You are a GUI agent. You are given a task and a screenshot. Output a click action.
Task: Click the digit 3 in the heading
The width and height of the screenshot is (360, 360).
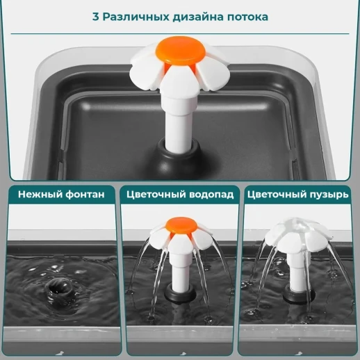(x=95, y=16)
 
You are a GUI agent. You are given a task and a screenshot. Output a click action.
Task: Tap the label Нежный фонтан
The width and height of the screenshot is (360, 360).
(x=61, y=195)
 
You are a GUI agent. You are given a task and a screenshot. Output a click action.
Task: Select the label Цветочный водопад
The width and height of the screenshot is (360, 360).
(x=180, y=195)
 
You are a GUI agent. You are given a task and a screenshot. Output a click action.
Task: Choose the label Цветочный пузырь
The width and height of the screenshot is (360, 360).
(x=297, y=195)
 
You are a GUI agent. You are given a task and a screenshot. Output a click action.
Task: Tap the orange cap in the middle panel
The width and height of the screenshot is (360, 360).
(x=181, y=226)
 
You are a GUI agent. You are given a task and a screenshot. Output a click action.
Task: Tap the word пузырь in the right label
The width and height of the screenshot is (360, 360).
(x=327, y=195)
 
